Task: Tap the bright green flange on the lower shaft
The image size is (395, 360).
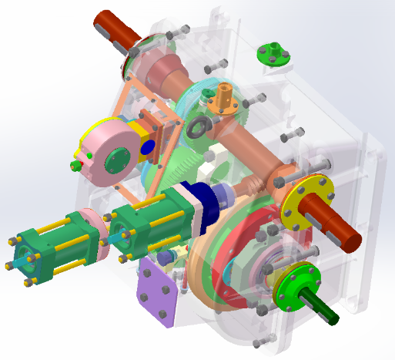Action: (x=293, y=282)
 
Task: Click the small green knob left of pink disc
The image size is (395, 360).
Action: (x=78, y=166)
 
